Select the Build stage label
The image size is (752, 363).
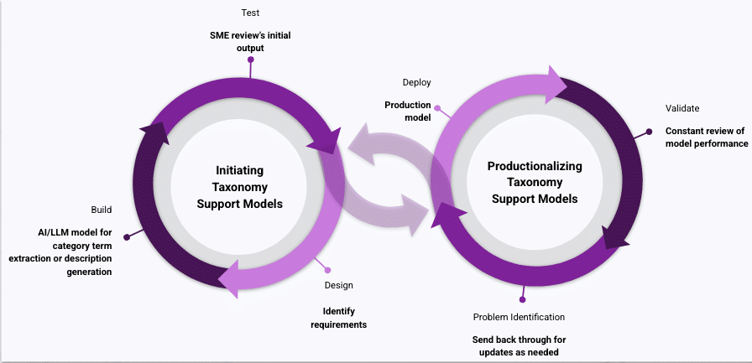coord(102,210)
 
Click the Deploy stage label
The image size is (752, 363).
coord(417,82)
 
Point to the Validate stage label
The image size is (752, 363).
coord(682,108)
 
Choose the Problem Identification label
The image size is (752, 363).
coord(519,317)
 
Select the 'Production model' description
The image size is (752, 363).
coord(408,111)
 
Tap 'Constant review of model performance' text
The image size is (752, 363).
coord(706,137)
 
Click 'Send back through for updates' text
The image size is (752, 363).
coord(514,345)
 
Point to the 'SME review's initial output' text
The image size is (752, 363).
coord(249,41)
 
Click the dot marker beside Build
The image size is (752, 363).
coord(127,237)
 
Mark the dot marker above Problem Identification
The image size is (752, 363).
coord(522,299)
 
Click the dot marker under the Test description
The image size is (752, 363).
coord(250,60)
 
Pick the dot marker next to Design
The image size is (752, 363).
coord(326,269)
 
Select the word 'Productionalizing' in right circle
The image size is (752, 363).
coord(535,166)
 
